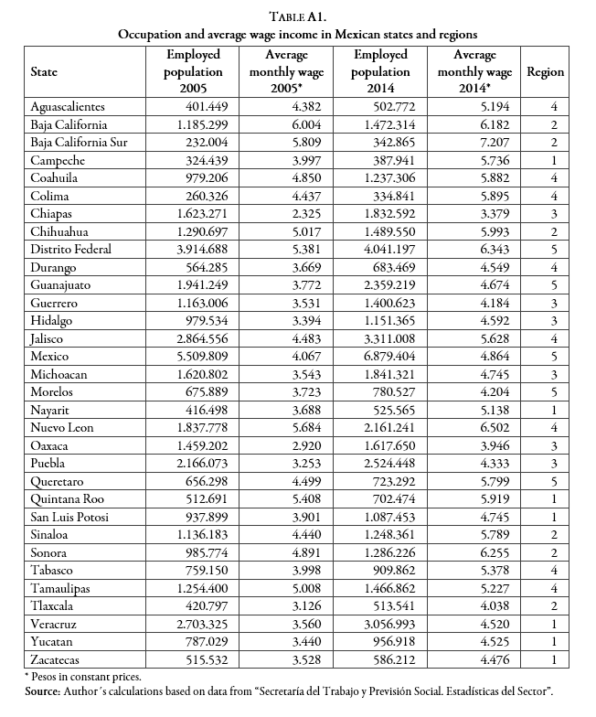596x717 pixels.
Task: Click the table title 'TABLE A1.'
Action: [x=297, y=16]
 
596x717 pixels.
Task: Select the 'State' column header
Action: [x=47, y=72]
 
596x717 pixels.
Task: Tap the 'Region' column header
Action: [x=545, y=72]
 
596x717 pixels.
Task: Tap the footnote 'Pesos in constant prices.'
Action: [x=79, y=677]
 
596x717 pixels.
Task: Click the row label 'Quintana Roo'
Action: [x=66, y=499]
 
